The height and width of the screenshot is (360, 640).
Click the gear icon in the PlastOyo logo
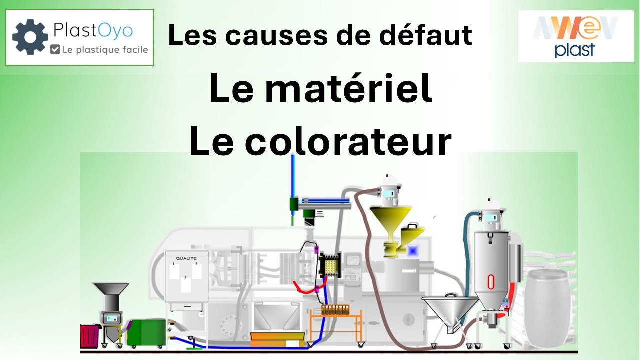coord(30,37)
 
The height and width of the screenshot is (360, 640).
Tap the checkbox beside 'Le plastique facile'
coord(55,49)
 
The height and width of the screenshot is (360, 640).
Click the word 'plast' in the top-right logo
coord(575,50)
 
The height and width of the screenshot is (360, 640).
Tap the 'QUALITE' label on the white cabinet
coord(186,258)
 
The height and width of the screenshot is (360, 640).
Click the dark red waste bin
coord(90,336)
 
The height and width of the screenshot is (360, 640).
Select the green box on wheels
coord(146,333)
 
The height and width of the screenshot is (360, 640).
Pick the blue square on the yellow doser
coord(412,251)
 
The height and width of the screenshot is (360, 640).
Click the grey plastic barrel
coord(547,308)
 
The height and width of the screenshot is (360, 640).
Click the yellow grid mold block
coord(330,265)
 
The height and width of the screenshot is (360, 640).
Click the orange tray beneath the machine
coord(277,339)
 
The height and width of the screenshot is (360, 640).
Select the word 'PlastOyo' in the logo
coord(93,30)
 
